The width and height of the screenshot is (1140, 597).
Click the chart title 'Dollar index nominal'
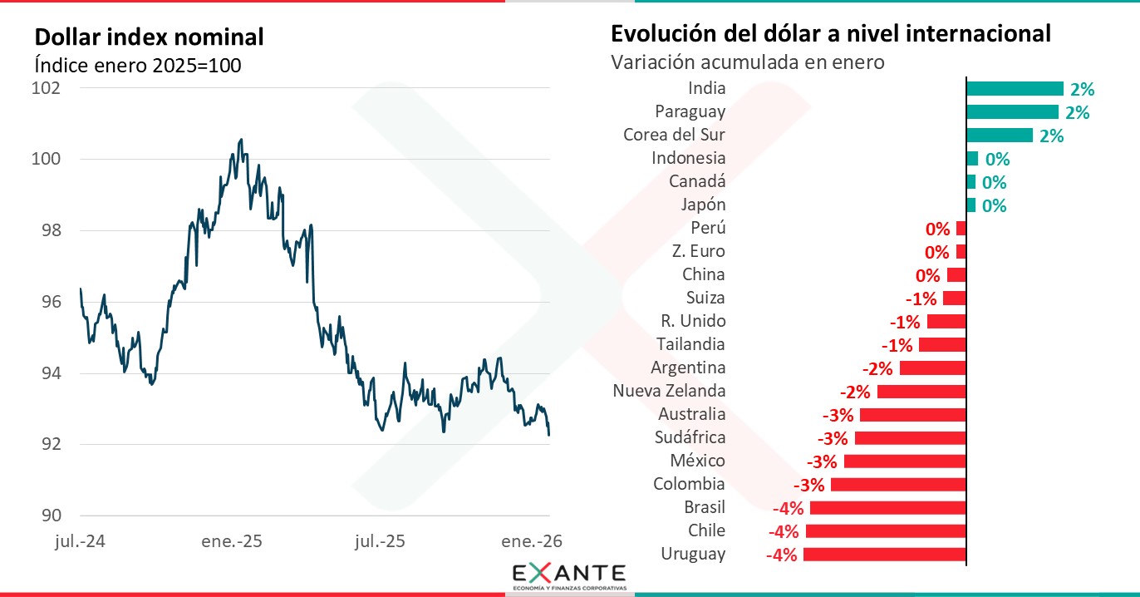(x=149, y=37)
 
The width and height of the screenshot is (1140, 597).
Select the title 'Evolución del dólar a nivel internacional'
(x=831, y=34)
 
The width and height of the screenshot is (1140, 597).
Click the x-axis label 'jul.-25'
(x=380, y=541)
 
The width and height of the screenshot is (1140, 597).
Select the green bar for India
(x=1015, y=89)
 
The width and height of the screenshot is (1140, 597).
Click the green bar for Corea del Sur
(x=1000, y=136)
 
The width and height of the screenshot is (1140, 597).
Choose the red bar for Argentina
(x=932, y=368)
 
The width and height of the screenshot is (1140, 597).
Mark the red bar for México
(x=905, y=461)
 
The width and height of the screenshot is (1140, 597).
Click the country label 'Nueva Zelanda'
(x=669, y=391)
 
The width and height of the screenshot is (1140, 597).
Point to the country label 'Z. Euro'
(x=698, y=251)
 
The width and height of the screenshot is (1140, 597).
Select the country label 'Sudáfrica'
(x=691, y=437)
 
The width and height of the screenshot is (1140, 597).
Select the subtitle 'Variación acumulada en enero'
(x=747, y=62)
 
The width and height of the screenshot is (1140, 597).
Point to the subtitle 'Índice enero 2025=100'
(x=138, y=65)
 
